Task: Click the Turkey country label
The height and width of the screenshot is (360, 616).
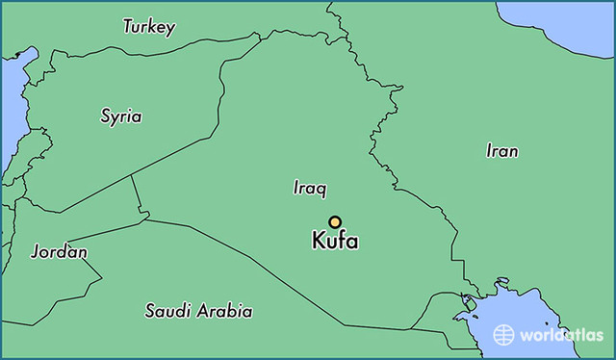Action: (148, 27)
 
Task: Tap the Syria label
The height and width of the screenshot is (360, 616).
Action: (121, 116)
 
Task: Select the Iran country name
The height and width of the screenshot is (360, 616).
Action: (501, 151)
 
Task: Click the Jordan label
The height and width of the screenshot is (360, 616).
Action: (59, 252)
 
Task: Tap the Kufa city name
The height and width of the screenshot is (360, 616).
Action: (335, 242)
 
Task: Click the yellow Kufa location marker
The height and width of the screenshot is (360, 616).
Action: (335, 221)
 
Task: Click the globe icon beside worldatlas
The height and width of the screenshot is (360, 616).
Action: (503, 334)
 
